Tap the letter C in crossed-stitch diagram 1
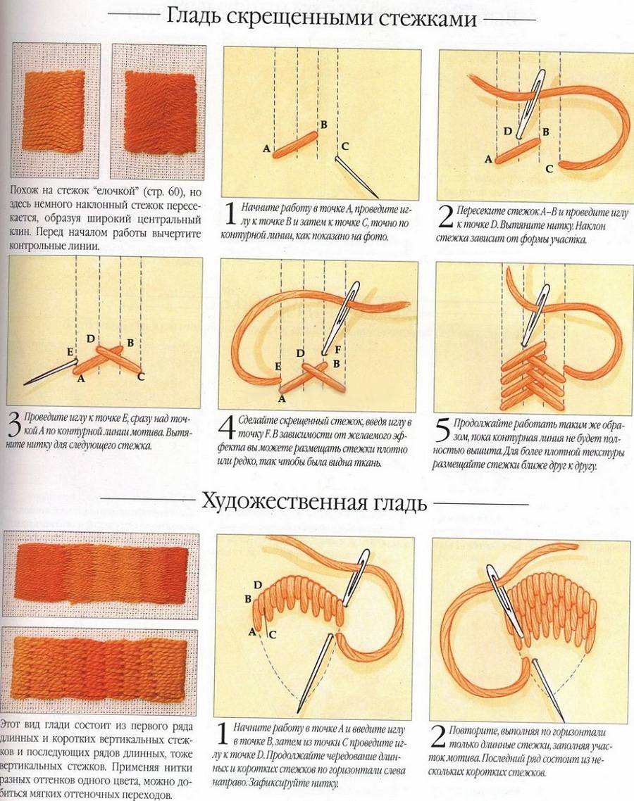coord(345,146)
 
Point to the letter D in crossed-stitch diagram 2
coord(507,132)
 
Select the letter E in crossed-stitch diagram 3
coord(70,353)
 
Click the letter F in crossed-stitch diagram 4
coord(337,351)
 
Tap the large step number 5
coord(443,430)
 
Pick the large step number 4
coord(228,428)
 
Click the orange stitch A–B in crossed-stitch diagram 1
coord(296,144)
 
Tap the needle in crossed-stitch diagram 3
coord(49,372)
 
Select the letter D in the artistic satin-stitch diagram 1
coord(258,585)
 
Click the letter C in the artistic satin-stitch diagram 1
coord(272,635)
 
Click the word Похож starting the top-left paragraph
coord(27,193)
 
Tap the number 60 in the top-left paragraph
coord(175,193)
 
